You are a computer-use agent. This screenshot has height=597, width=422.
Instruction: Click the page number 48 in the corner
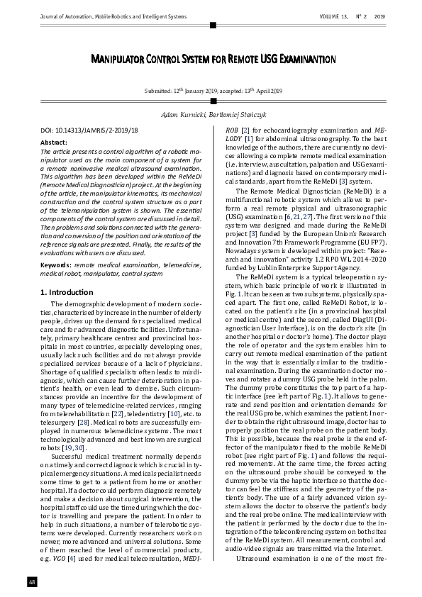(x=33, y=582)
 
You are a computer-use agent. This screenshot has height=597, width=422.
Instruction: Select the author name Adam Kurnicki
(x=184, y=115)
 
